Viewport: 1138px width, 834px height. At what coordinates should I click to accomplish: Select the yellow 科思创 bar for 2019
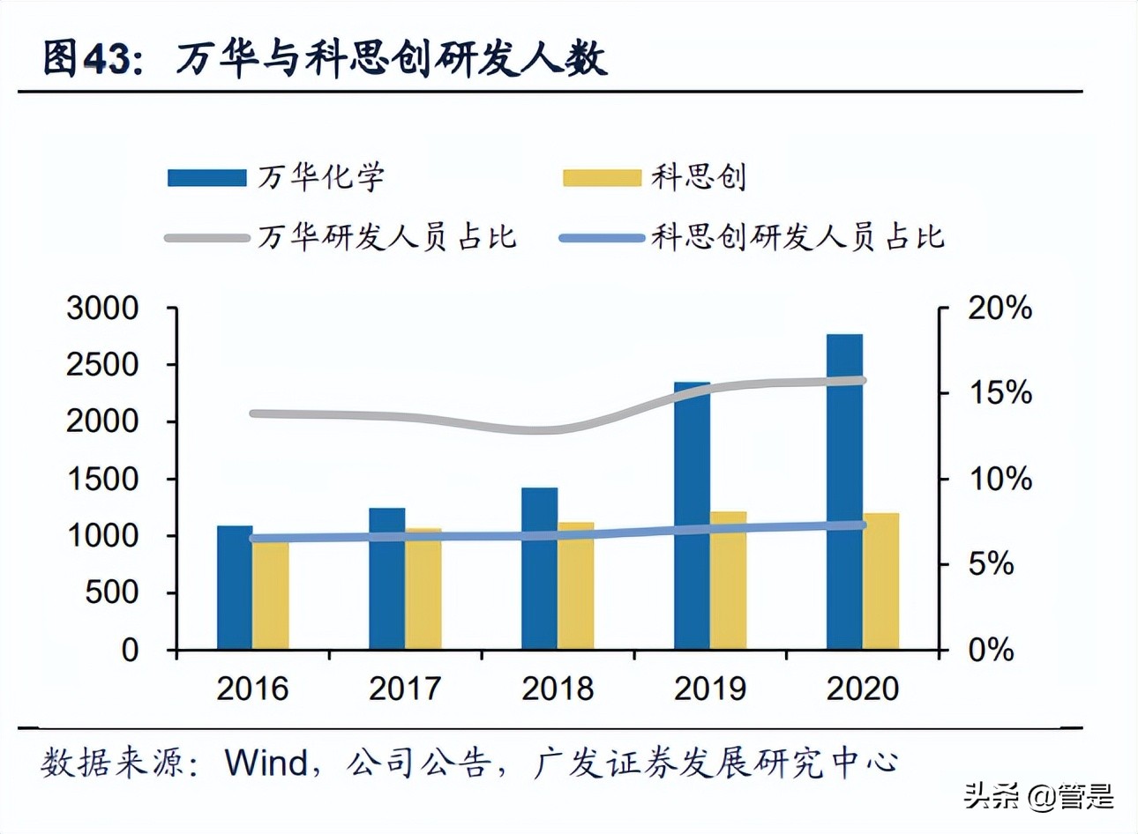point(728,580)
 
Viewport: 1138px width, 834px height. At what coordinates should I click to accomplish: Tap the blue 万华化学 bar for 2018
point(540,569)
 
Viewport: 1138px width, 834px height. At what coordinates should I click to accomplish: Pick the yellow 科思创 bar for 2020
point(881,581)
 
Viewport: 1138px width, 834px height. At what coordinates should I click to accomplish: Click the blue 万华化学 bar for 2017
point(387,578)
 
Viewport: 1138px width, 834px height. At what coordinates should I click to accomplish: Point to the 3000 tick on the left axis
point(102,308)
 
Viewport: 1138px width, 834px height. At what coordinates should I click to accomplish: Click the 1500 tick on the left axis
point(102,479)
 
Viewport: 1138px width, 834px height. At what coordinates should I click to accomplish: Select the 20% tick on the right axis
point(999,308)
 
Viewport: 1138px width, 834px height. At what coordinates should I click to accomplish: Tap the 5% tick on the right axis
point(991,564)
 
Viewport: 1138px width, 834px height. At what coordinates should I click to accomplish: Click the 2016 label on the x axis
point(252,689)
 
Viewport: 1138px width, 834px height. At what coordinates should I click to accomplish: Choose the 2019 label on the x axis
point(710,689)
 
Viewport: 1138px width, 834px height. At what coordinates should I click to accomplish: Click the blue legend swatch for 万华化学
point(207,178)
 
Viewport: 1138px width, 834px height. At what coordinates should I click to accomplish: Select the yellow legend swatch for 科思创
point(603,178)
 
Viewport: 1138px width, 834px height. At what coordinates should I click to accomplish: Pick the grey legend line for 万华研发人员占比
point(207,237)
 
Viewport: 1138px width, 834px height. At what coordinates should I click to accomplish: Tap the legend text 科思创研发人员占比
point(797,237)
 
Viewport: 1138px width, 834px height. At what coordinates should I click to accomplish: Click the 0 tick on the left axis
point(130,650)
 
